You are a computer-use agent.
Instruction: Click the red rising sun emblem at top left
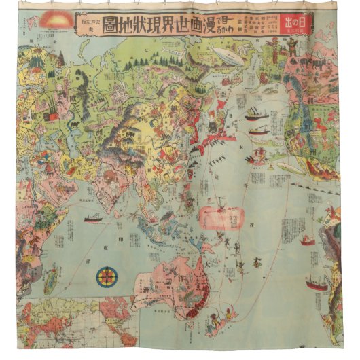pyautogui.click(x=54, y=20)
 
